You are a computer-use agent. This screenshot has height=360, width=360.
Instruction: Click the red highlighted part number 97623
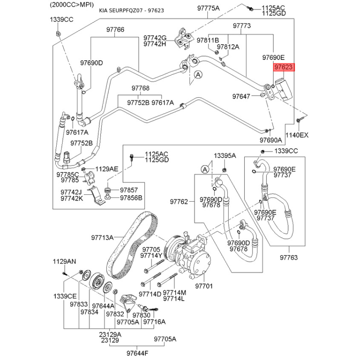click(x=284, y=67)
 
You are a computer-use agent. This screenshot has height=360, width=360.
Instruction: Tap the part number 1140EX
click(x=297, y=135)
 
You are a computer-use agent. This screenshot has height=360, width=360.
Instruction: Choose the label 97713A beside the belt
click(x=102, y=237)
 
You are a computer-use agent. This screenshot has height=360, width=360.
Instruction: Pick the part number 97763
click(x=288, y=258)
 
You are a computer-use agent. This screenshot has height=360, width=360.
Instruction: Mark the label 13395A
click(x=225, y=155)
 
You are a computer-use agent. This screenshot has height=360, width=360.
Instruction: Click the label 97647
click(x=241, y=96)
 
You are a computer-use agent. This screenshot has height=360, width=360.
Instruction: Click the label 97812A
click(x=228, y=47)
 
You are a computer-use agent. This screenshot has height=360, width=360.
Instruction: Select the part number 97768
click(x=140, y=88)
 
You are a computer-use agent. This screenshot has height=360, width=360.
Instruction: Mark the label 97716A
click(x=154, y=322)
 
